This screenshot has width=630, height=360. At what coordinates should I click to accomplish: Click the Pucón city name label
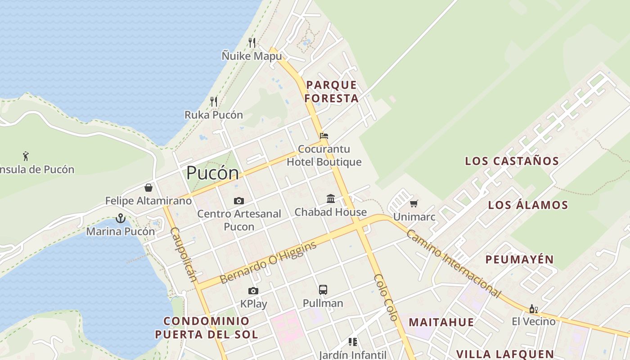(x=212, y=173)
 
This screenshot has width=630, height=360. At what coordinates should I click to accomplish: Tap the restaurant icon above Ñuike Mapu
(x=252, y=43)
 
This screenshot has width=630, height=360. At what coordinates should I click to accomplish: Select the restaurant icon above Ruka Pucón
(x=214, y=101)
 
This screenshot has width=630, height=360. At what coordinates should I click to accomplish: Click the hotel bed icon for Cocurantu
(x=324, y=135)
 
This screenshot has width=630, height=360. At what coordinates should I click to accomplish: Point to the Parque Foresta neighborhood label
(x=332, y=91)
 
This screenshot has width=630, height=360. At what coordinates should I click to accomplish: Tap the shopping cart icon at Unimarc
(x=414, y=203)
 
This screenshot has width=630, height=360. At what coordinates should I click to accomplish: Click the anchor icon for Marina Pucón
(x=120, y=218)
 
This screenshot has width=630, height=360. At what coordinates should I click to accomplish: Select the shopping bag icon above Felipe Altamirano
(x=148, y=187)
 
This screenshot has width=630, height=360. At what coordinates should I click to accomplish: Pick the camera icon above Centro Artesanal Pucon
(x=239, y=201)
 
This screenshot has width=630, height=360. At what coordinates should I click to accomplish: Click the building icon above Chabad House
(x=331, y=198)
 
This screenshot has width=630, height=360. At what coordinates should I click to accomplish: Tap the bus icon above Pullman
(x=323, y=289)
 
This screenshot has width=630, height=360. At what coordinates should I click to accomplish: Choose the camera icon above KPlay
(x=253, y=291)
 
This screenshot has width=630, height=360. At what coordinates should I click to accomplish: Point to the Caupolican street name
(x=184, y=254)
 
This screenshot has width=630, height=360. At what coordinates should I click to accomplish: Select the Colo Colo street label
(x=386, y=297)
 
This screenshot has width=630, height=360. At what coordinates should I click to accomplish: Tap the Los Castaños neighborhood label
(x=512, y=161)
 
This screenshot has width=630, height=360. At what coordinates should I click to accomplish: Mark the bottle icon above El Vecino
(x=534, y=309)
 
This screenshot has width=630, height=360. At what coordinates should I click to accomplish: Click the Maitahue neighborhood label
(x=441, y=322)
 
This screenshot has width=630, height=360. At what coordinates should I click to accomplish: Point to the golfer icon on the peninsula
(x=26, y=156)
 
